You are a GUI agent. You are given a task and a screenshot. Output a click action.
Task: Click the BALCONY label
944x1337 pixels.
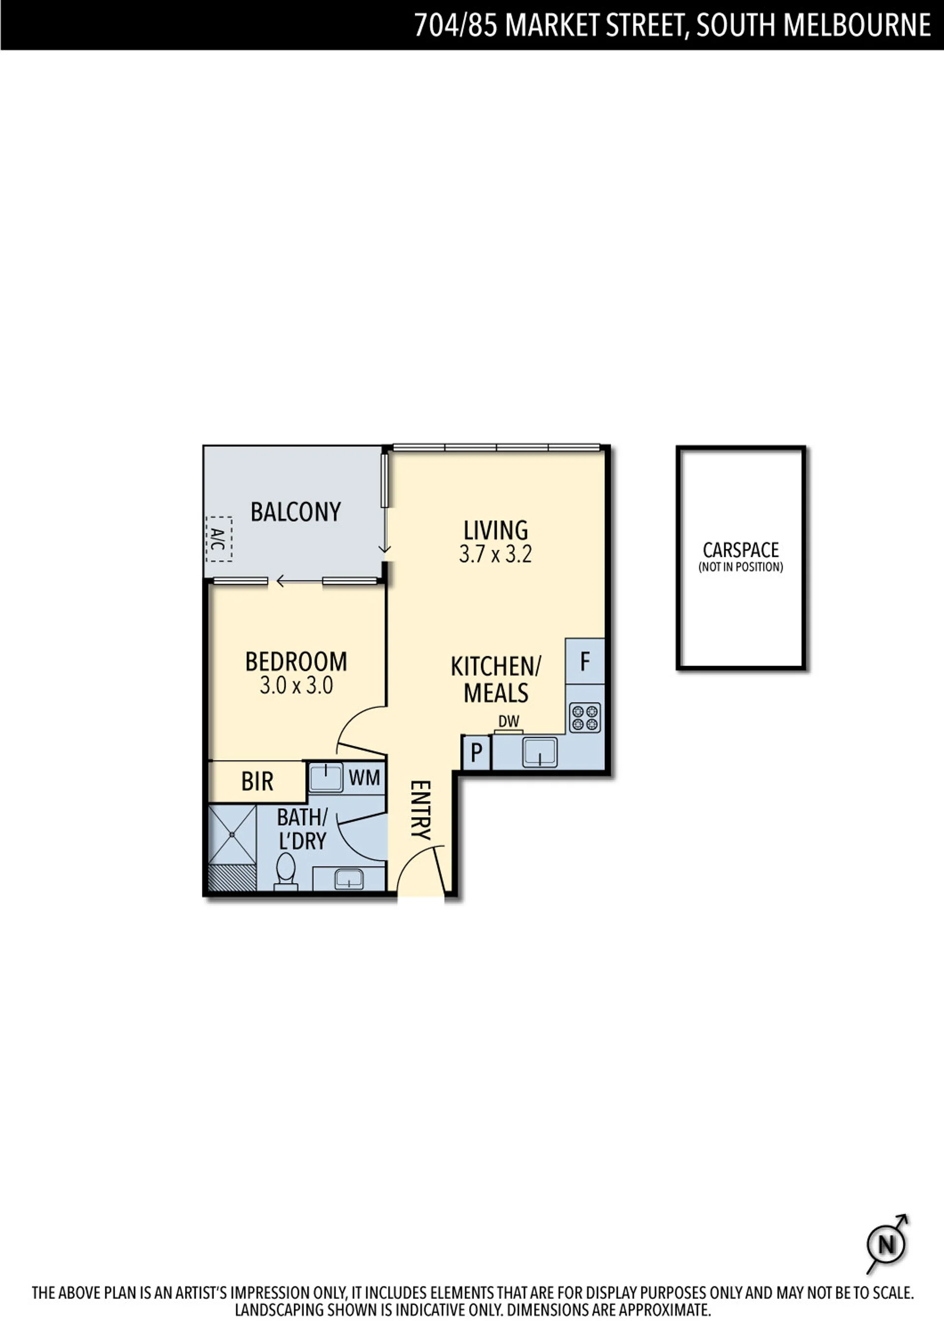coord(296,512)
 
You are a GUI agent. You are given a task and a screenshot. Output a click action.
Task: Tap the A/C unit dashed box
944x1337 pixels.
coord(219,539)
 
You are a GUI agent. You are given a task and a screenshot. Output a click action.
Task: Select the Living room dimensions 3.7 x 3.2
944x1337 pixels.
coord(495,554)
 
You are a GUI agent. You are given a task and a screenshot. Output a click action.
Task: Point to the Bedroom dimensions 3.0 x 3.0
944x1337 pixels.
coord(296,685)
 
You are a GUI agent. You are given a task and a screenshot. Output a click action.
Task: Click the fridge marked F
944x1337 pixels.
coord(585,661)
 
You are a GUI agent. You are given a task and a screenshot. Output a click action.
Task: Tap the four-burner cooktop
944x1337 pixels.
coord(585,717)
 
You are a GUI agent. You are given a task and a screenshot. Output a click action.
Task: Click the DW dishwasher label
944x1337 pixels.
coord(509,721)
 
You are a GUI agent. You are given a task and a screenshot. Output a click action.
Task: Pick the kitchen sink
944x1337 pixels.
coord(540,752)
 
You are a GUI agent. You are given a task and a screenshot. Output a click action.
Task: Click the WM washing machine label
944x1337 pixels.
coord(365,777)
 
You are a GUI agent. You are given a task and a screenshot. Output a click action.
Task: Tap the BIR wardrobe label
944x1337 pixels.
coord(257,781)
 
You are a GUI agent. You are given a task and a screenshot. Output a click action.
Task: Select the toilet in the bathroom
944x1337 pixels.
coord(285,872)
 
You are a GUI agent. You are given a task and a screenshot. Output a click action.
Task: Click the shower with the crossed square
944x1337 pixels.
coord(232,834)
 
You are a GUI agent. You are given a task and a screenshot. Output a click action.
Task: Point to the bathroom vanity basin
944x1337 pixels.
coord(349,879)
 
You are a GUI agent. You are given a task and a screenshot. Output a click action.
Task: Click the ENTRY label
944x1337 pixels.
coord(420,810)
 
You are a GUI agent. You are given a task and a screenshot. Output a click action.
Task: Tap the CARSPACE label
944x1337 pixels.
coord(741,550)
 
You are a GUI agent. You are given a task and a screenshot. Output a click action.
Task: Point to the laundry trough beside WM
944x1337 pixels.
coord(325,777)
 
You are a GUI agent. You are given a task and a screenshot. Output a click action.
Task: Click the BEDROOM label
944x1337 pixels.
coord(296,662)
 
